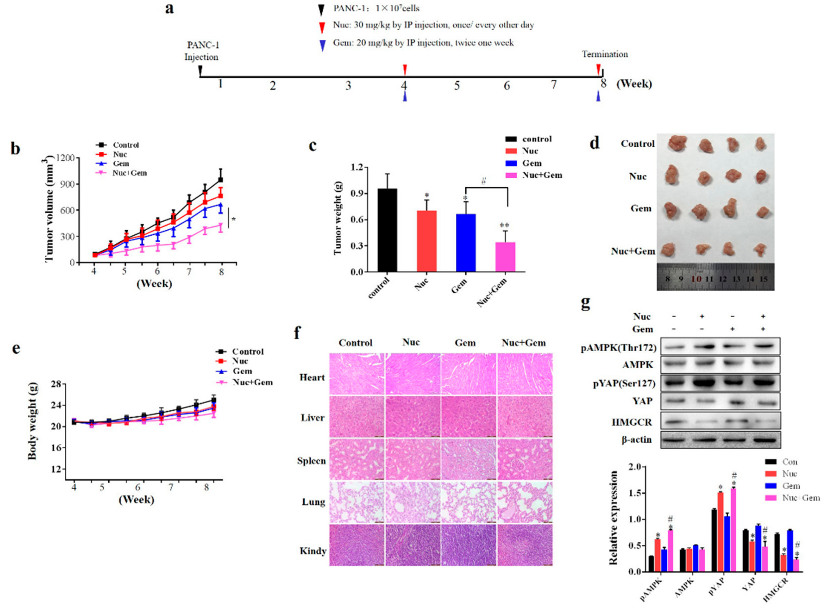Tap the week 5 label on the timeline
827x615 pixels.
[x=457, y=86]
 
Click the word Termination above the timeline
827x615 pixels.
[x=605, y=54]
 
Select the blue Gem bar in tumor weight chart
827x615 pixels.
[x=466, y=243]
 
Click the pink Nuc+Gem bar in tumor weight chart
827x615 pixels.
[x=505, y=257]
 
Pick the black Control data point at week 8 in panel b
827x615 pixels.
[x=221, y=180]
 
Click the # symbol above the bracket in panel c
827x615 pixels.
[x=483, y=181]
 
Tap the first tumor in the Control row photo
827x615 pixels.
[x=678, y=143]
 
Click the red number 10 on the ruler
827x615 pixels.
[x=696, y=279]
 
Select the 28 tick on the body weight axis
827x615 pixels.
[x=56, y=384]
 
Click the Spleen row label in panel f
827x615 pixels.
[x=311, y=461]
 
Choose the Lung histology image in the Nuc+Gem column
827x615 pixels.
[x=525, y=502]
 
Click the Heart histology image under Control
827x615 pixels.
[x=357, y=374]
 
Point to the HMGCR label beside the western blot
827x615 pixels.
[x=632, y=422]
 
